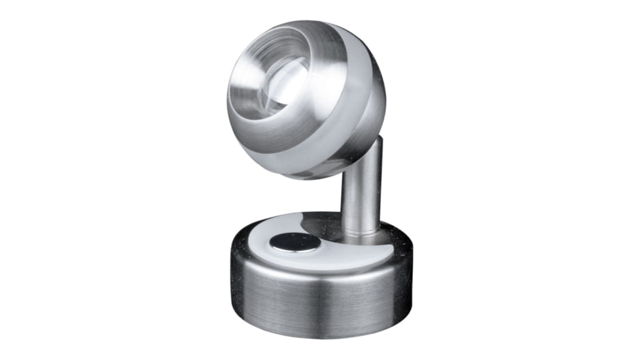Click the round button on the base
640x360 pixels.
coord(294,242)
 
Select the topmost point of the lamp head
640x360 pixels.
coord(298,21)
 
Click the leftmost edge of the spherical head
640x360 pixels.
coord(228,98)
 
